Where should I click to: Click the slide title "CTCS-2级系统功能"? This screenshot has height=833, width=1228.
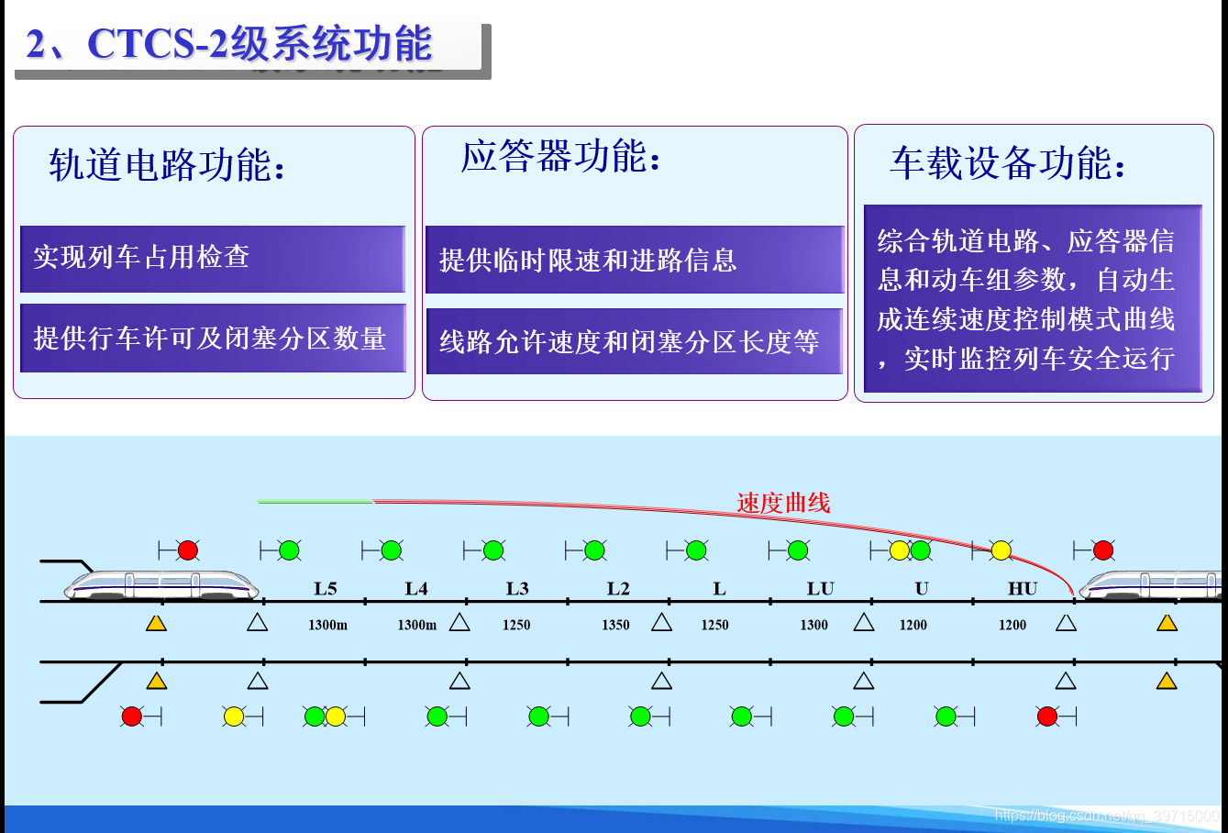[229, 44]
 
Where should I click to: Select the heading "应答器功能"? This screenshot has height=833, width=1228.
[560, 157]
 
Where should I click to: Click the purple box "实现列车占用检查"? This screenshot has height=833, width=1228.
[212, 258]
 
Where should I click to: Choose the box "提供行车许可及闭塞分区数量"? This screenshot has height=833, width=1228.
[212, 339]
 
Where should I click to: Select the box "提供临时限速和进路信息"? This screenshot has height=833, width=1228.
[634, 261]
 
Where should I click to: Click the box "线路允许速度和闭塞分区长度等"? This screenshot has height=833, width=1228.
[634, 342]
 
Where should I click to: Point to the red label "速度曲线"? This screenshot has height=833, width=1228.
[782, 503]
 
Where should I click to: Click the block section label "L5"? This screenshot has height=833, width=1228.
[326, 589]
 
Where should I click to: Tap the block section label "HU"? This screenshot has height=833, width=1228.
[1023, 589]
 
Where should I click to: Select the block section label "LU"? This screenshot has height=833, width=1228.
[820, 589]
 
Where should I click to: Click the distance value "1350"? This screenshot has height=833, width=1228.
[615, 625]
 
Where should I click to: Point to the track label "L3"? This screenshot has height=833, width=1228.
[517, 589]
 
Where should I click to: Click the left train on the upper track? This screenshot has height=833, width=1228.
[161, 584]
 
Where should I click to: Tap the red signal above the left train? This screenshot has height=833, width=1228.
[187, 550]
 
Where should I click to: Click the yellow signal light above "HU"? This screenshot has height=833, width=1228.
[1001, 550]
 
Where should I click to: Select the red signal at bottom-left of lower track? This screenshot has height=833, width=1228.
[132, 716]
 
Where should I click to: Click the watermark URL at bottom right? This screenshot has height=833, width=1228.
[1106, 816]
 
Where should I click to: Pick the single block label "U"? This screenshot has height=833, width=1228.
[922, 589]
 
